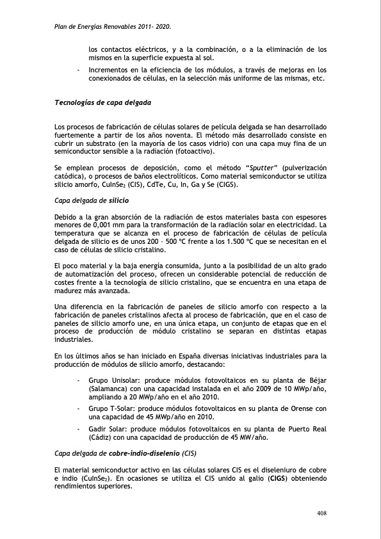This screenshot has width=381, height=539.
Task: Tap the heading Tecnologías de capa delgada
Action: pos(103,102)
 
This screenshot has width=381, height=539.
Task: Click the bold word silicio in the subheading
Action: pos(119,201)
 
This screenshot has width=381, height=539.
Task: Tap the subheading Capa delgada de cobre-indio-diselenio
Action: pos(125,453)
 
